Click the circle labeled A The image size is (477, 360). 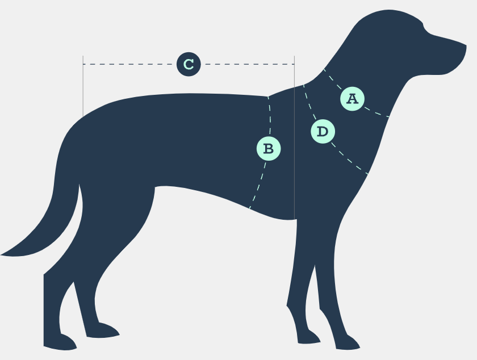coord(352,99)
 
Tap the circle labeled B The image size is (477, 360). coord(269,149)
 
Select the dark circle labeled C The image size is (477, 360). coord(189,64)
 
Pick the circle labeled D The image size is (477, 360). coord(323,132)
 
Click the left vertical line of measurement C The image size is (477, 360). coord(83,85)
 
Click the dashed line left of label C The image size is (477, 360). coord(131,64)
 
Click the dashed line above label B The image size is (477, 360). coord(270,116)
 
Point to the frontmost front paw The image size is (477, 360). coord(346,342)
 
